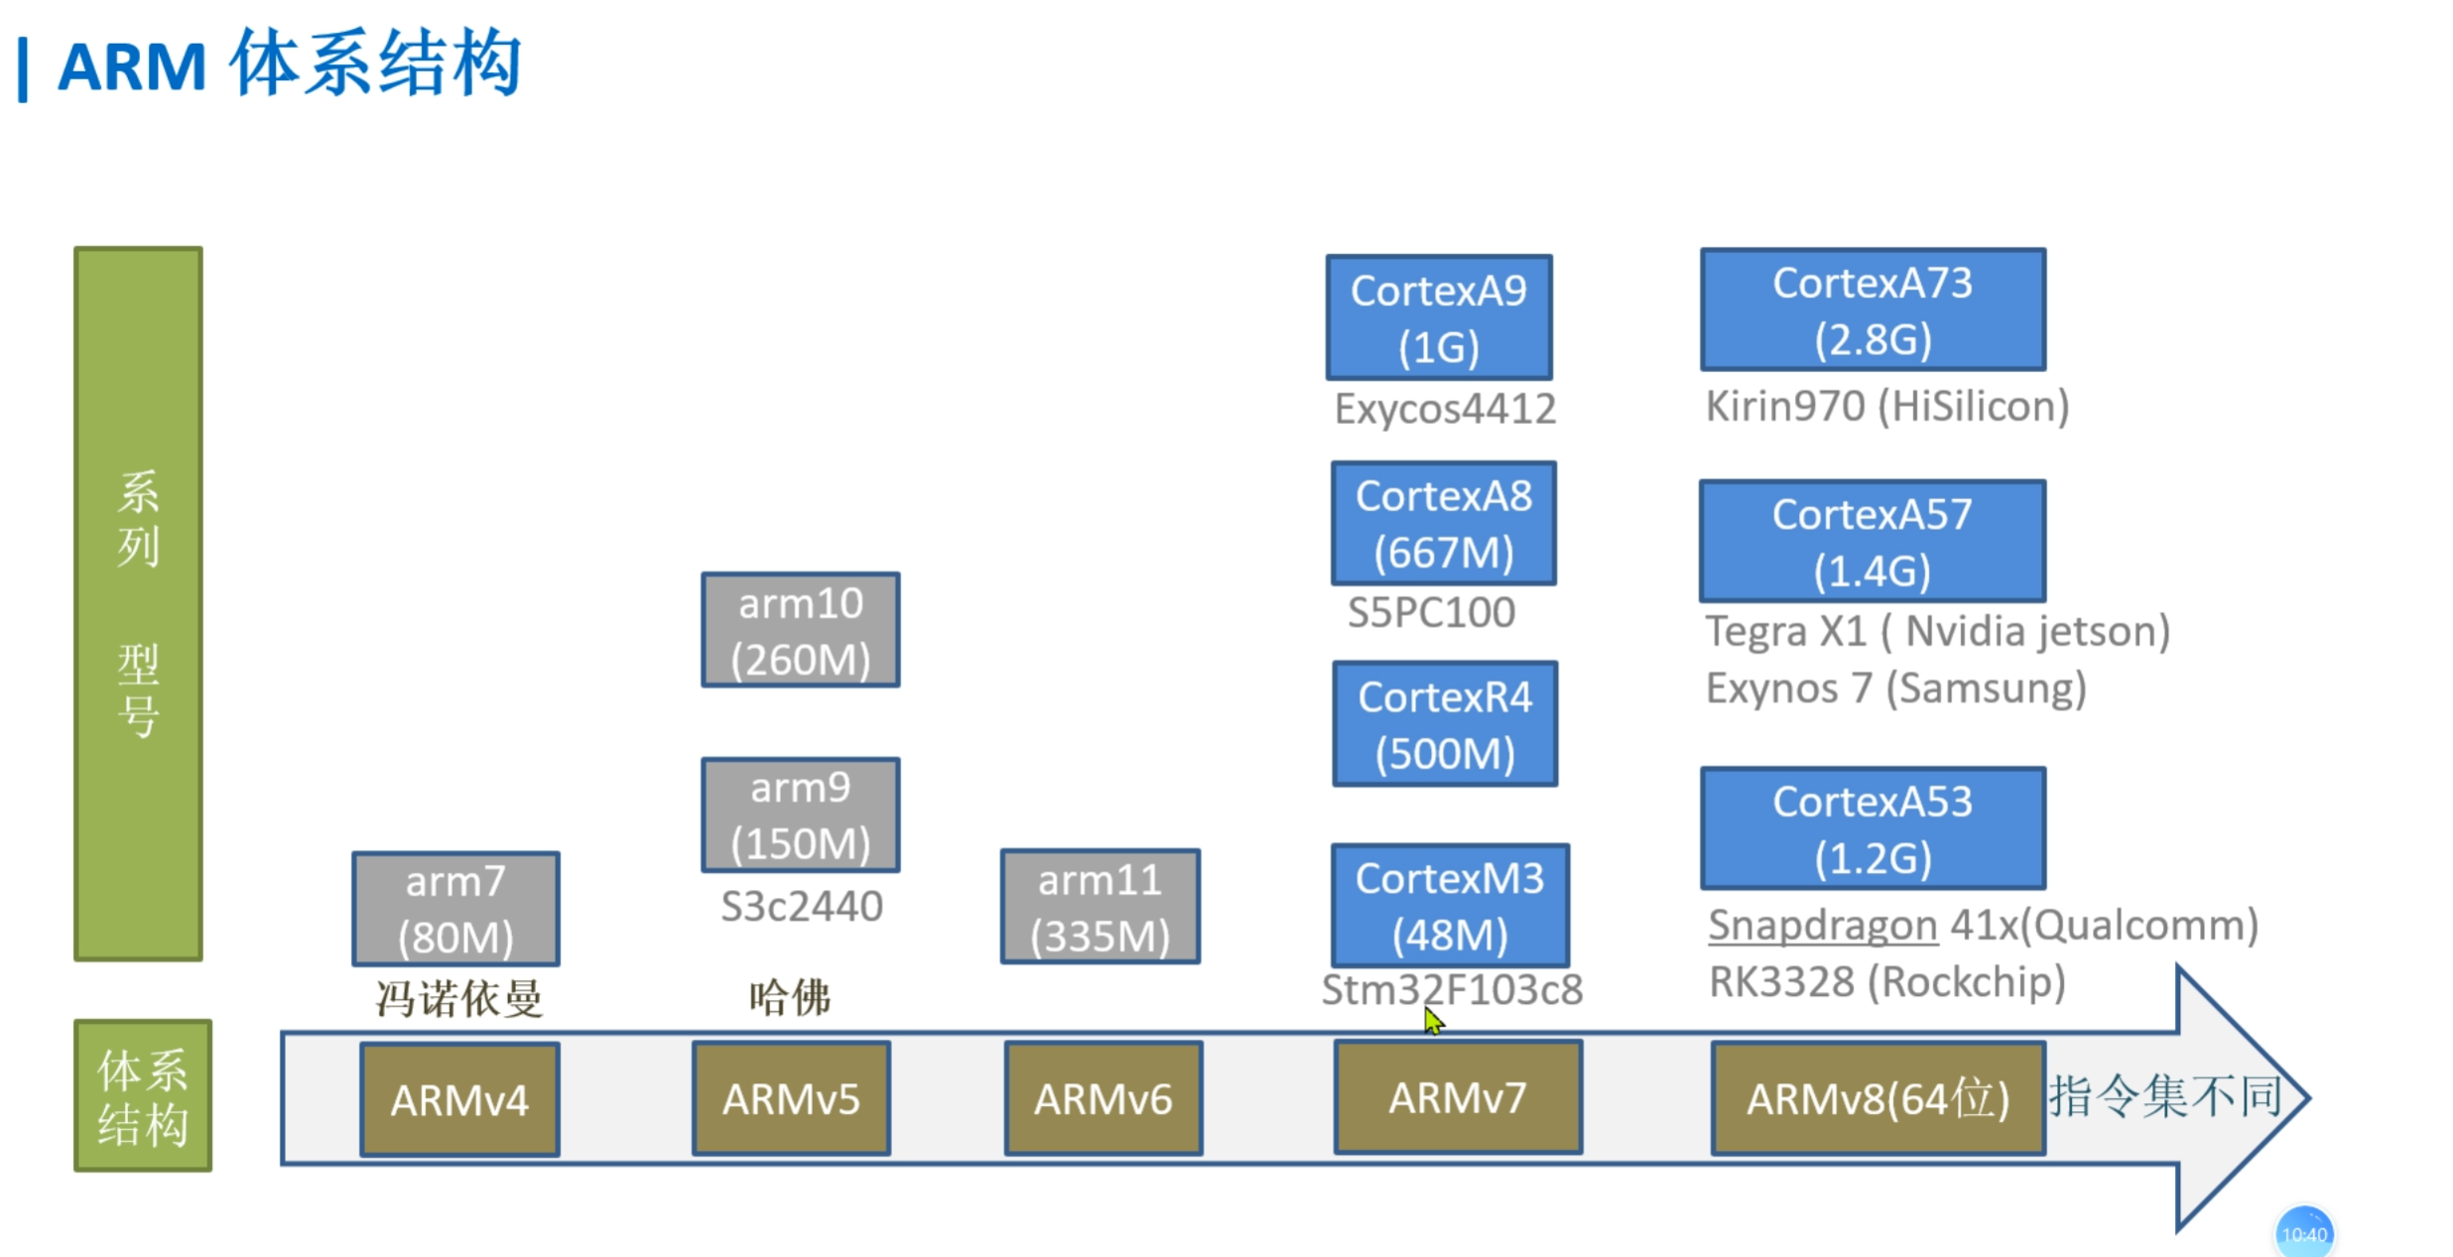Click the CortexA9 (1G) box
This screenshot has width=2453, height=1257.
click(x=1438, y=317)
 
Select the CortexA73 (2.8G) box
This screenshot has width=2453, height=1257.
click(x=1872, y=310)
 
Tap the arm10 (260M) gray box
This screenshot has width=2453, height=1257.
click(x=800, y=630)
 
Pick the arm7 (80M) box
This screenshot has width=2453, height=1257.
click(x=455, y=909)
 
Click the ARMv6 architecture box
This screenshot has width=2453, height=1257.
click(x=1102, y=1098)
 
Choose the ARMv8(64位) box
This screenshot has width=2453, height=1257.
click(x=1877, y=1098)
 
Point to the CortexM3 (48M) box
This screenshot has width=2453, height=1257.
click(x=1449, y=906)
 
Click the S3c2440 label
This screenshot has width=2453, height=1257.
click(x=801, y=907)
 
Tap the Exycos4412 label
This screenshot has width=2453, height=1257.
click(x=1444, y=409)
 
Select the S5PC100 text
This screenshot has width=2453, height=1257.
click(x=1430, y=612)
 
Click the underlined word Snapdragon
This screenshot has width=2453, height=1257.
click(x=1822, y=926)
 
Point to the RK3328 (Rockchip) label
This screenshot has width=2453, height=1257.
click(x=1886, y=982)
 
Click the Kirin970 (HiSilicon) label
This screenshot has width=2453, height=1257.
click(x=1886, y=407)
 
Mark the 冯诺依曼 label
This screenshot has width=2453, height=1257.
click(x=458, y=998)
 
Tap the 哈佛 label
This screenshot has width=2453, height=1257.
click(x=789, y=997)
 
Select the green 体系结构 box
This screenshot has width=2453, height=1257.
click(x=143, y=1096)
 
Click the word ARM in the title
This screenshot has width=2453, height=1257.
click(x=132, y=67)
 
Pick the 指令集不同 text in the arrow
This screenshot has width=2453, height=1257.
click(x=2164, y=1096)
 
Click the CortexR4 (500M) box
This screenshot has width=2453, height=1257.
click(x=1444, y=724)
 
